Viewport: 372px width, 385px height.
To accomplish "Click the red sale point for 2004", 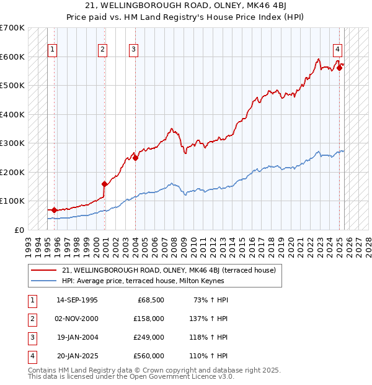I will tap(136, 158).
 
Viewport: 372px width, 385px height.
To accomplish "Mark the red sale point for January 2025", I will tap(340, 68).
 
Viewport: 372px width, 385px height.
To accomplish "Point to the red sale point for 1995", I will tap(55, 210).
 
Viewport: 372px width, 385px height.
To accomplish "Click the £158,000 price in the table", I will tap(149, 319).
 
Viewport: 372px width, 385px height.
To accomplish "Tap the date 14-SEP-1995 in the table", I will tap(77, 300).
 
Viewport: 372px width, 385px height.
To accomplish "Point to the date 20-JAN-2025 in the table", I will tap(77, 356).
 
